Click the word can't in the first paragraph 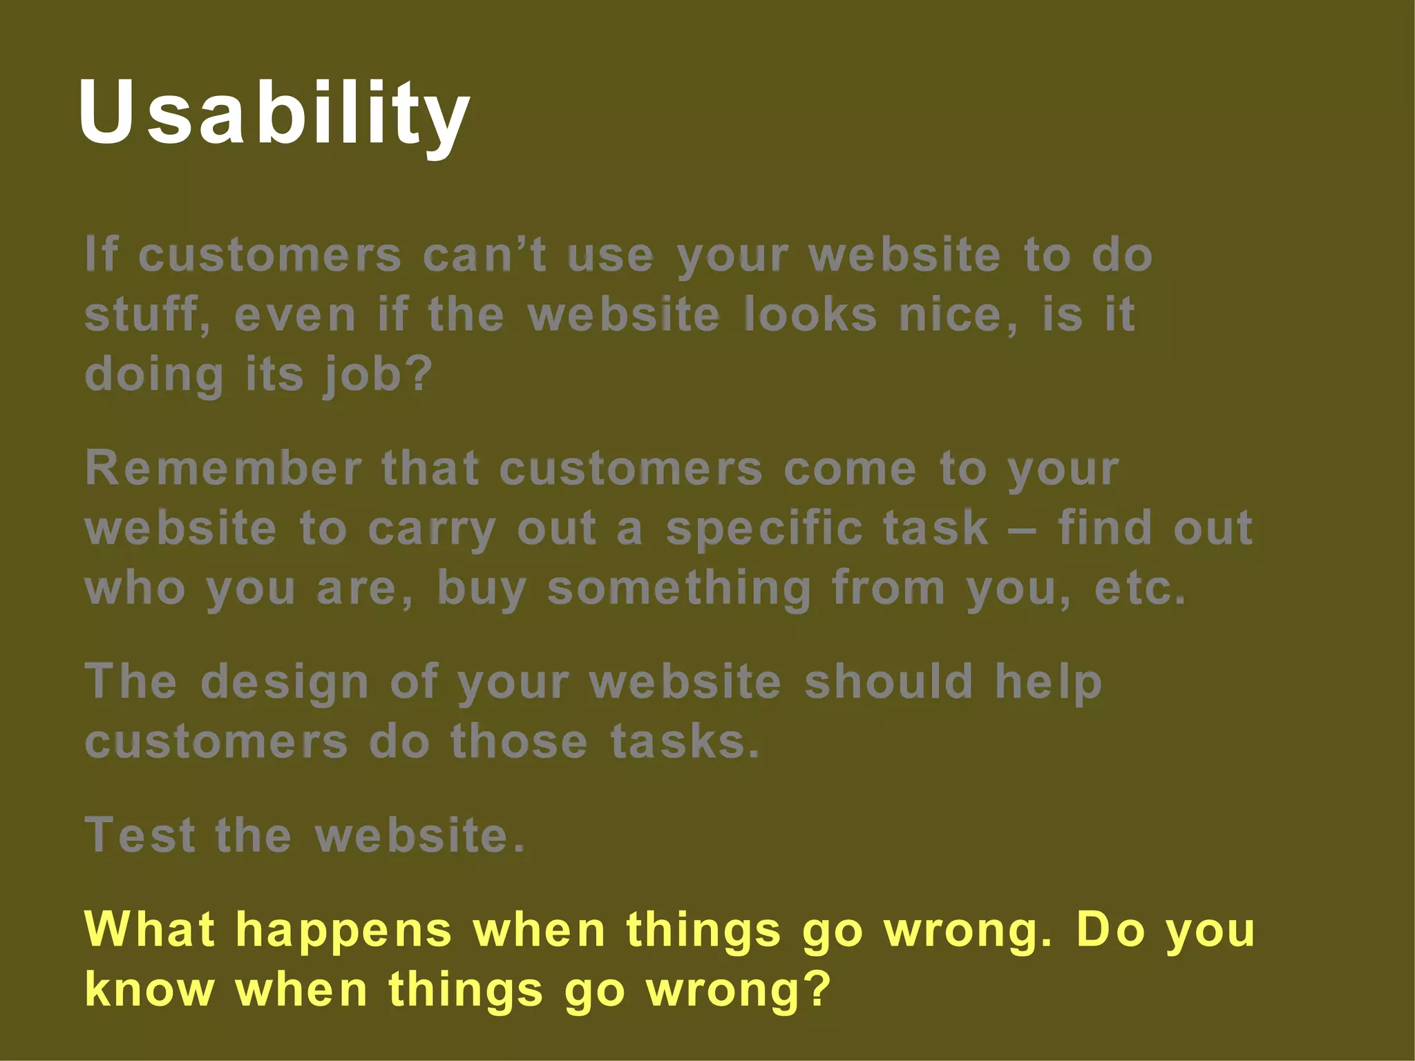484,256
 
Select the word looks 810,315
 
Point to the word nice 958,315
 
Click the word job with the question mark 378,375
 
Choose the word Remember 223,468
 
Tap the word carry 431,529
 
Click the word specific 764,528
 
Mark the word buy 482,589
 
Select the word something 679,589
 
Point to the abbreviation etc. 1140,589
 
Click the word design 285,682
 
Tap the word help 1048,682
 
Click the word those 519,742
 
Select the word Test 140,835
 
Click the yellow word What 149,929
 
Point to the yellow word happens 343,930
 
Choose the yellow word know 149,989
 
